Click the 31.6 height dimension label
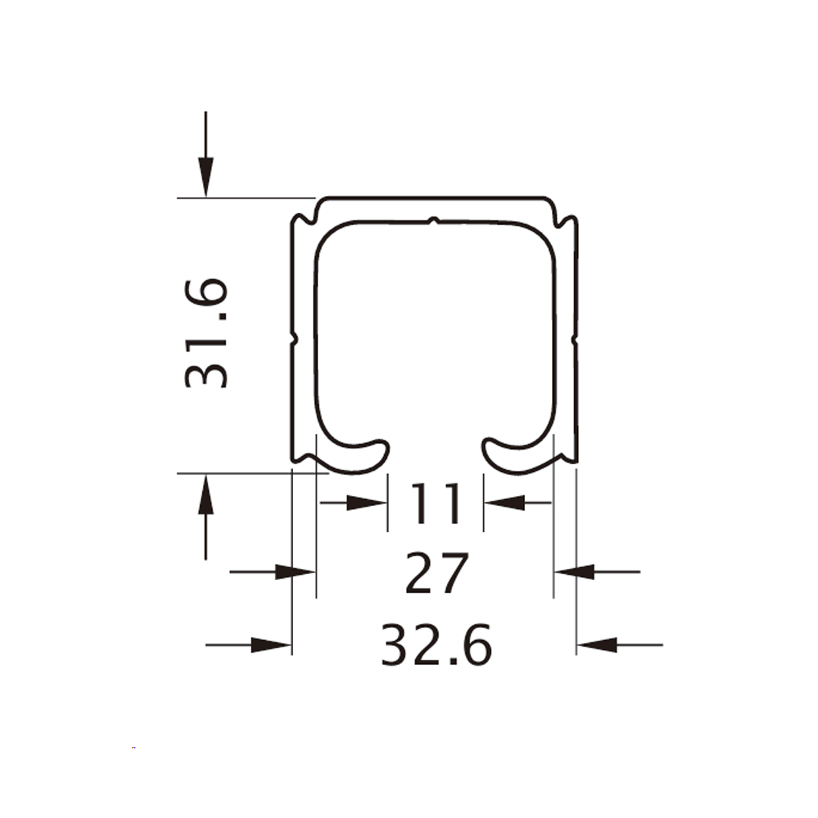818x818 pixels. [x=207, y=333]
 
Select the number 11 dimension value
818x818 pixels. [x=436, y=503]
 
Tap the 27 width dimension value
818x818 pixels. [x=437, y=573]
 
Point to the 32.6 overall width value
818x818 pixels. [x=437, y=645]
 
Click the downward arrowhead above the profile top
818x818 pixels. [x=205, y=176]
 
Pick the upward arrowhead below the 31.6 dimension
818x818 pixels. [x=205, y=495]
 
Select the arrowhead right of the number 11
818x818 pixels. [x=504, y=503]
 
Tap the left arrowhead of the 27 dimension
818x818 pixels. [x=295, y=572]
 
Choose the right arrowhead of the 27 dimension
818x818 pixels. [x=574, y=572]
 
